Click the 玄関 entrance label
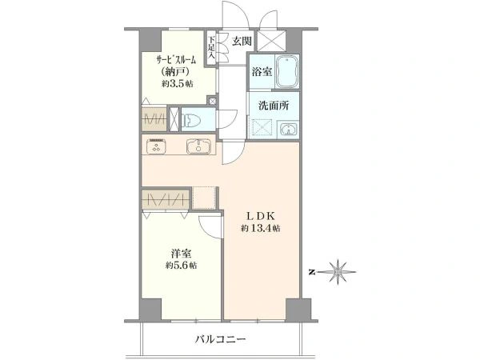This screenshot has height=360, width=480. (242, 41)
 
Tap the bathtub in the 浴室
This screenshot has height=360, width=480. (287, 72)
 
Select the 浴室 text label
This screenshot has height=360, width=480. (262, 72)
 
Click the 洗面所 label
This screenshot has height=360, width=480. (274, 106)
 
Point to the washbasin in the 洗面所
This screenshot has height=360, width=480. (288, 129)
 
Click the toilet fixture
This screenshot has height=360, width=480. (191, 119)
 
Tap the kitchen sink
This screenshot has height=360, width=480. (199, 146)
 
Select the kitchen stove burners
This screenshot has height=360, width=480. (157, 146)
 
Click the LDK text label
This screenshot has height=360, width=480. (261, 216)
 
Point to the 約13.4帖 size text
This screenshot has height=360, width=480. (260, 228)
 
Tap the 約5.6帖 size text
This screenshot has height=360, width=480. (182, 265)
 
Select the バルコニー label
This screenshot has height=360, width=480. (221, 339)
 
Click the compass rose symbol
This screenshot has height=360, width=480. (338, 272)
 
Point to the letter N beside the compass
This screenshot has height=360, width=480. (312, 272)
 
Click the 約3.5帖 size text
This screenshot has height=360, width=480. (178, 83)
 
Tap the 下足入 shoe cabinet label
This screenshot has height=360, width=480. (211, 47)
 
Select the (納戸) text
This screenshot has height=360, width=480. (174, 72)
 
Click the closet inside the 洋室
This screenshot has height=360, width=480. (166, 200)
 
